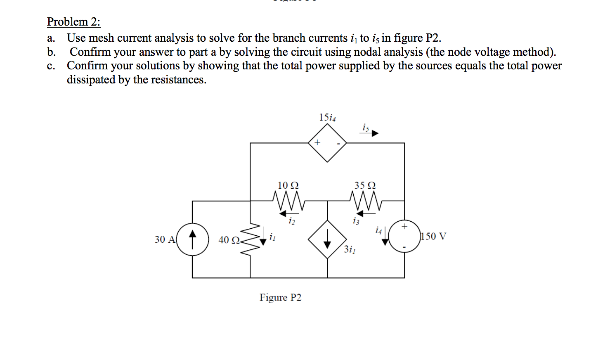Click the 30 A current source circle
coord(192,239)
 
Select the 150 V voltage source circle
coord(404,236)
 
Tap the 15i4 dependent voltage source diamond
coord(328,143)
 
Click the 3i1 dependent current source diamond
coord(327,239)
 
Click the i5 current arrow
coord(369,133)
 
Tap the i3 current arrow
coord(365,213)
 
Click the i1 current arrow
coord(263,239)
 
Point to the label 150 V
coord(434,237)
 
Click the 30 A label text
coord(165,239)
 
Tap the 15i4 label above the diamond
coord(327,118)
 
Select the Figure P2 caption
coord(280,298)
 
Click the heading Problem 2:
coord(73,21)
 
